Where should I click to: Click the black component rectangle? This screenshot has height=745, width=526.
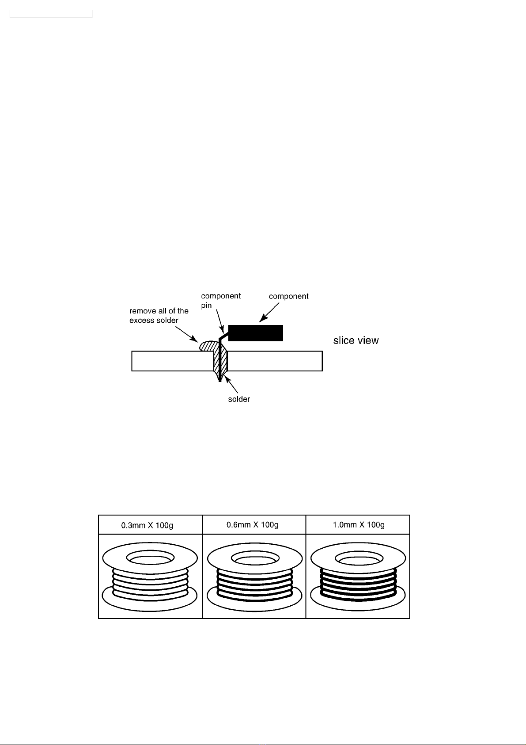(x=256, y=333)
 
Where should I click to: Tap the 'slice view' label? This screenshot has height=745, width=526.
(x=356, y=340)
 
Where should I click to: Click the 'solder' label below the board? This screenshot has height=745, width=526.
(x=239, y=399)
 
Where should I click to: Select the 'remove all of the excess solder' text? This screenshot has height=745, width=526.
(x=159, y=315)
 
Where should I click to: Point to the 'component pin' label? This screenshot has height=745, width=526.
(x=221, y=301)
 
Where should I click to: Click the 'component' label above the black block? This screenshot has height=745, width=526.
(x=288, y=296)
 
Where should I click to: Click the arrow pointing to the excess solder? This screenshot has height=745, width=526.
(x=187, y=335)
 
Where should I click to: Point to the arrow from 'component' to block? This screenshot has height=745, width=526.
(x=269, y=312)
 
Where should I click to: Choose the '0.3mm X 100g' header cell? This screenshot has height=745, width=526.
(x=150, y=525)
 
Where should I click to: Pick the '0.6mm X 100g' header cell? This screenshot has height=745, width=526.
(x=254, y=525)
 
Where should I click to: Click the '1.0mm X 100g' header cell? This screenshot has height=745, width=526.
(x=358, y=525)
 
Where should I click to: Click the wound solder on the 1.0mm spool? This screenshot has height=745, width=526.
(x=358, y=585)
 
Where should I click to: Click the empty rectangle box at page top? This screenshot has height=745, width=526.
(x=51, y=14)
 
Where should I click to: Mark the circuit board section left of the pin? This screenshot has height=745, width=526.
(x=172, y=361)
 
